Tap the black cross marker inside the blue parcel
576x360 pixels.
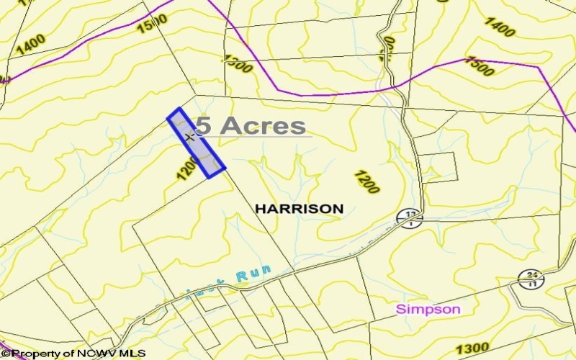[189, 137]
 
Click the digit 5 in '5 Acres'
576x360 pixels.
[204, 125]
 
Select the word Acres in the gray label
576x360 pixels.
[263, 125]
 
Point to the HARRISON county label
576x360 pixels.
[299, 209]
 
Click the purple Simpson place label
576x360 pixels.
[428, 309]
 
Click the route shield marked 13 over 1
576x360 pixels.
[410, 217]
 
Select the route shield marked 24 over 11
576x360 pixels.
[531, 278]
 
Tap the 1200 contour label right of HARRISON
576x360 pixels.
[367, 182]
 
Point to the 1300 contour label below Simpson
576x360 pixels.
[472, 348]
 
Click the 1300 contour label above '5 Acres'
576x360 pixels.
[237, 64]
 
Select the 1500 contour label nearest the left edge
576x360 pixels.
[152, 22]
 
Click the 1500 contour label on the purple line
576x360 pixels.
[480, 66]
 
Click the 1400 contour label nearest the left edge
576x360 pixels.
[30, 45]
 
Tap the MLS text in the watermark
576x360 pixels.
[133, 354]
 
